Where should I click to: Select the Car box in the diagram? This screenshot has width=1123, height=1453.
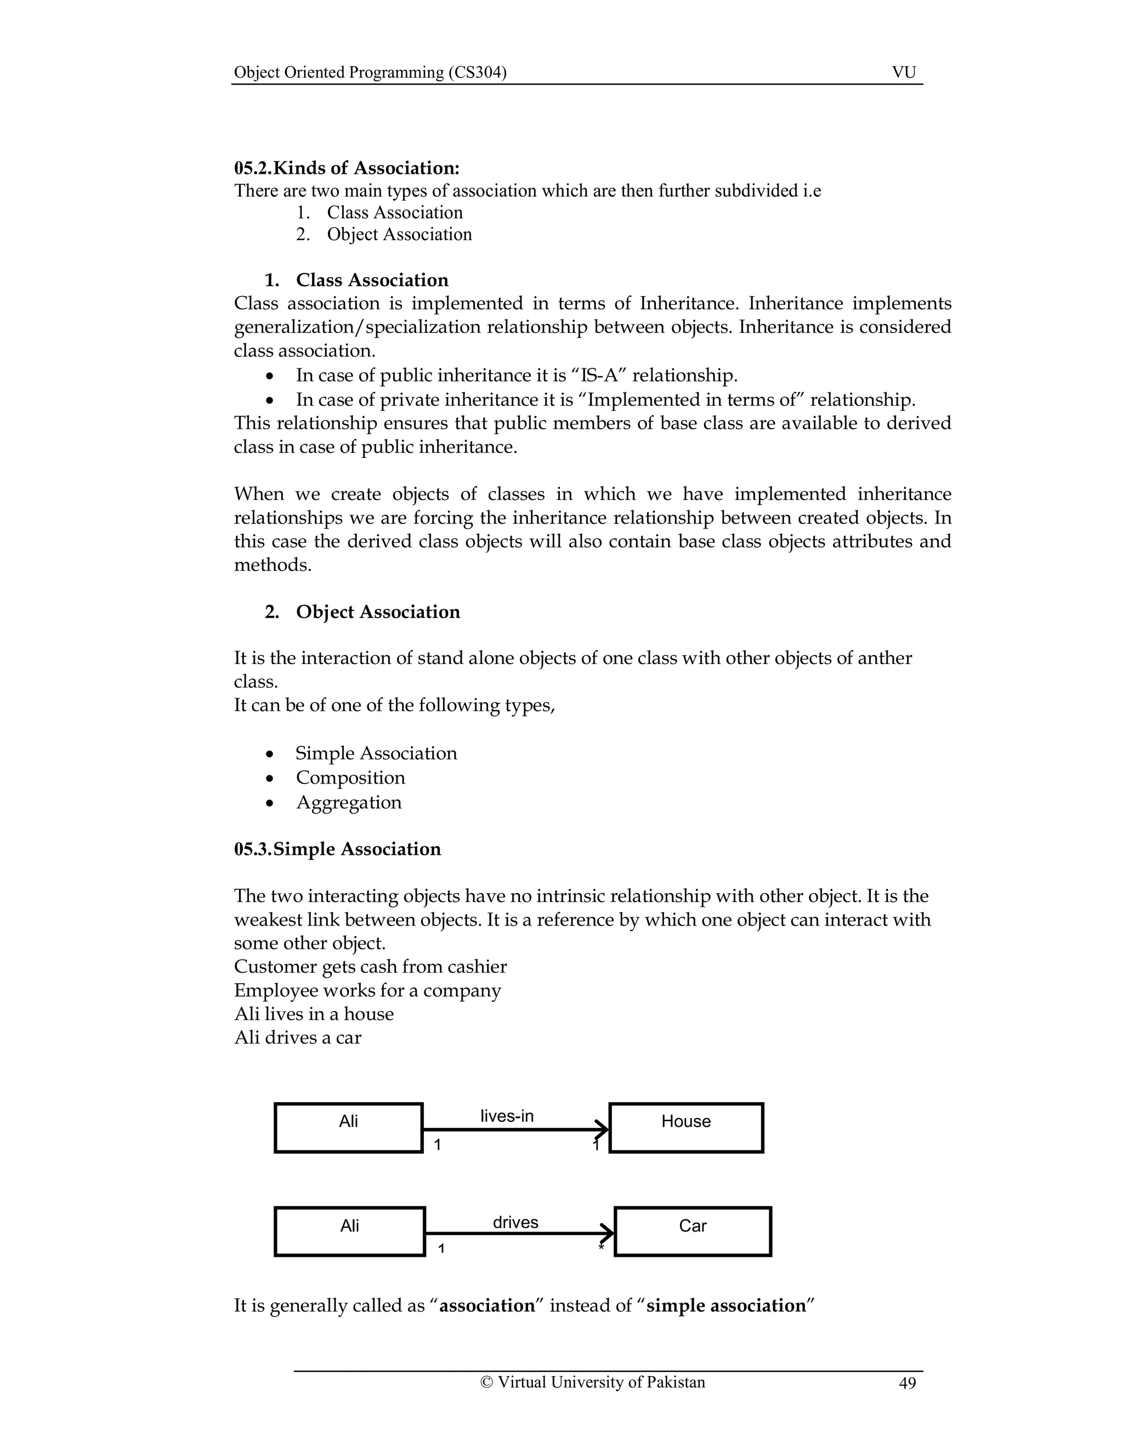click(x=692, y=1231)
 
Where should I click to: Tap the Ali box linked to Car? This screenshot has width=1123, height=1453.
click(x=349, y=1231)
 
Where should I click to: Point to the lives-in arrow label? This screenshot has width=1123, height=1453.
click(x=507, y=1116)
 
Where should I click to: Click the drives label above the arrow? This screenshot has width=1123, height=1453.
click(x=515, y=1222)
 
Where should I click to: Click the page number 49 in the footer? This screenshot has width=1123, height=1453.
click(x=907, y=1383)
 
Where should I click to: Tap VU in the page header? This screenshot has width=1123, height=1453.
click(x=904, y=72)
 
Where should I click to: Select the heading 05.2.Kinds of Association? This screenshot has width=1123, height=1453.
click(x=347, y=168)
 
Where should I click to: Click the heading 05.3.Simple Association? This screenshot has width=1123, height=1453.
click(x=337, y=849)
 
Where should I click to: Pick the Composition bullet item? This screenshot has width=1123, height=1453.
click(x=350, y=777)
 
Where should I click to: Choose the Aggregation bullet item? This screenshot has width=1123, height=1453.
click(x=349, y=802)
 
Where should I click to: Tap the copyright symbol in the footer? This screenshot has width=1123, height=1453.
click(x=486, y=1382)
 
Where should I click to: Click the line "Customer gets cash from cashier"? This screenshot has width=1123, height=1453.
click(x=370, y=967)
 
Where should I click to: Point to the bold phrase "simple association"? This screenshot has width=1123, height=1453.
click(x=726, y=1306)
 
